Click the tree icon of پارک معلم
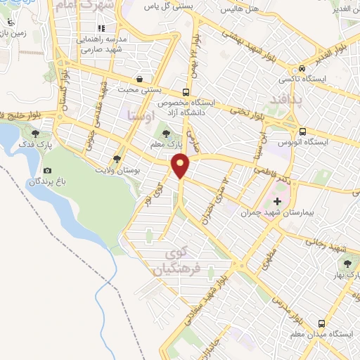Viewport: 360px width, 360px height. coord(166,132)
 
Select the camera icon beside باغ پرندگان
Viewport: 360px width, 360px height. coord(47,171)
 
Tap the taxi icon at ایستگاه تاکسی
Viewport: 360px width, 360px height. coord(301,69)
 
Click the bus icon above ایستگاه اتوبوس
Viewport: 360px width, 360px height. coord(302,131)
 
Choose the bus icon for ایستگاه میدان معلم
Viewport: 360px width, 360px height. coord(321,323)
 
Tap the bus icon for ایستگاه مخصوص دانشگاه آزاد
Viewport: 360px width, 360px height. coord(186,91)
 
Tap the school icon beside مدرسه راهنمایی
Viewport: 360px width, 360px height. coord(101,29)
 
